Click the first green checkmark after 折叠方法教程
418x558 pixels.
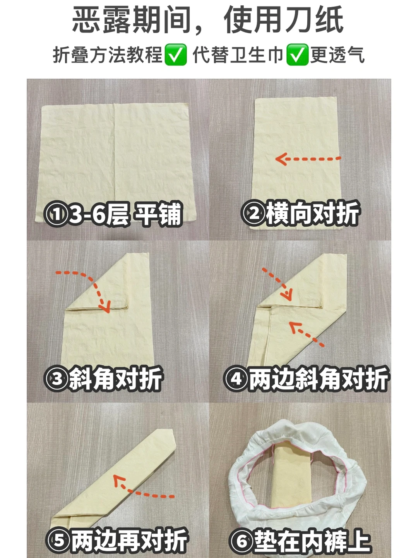click(176, 55)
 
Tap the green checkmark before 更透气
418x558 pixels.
click(297, 55)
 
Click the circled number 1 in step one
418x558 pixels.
click(57, 214)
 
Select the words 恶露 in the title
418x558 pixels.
click(102, 20)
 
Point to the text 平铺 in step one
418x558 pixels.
click(158, 214)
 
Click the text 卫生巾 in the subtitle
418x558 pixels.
click(256, 55)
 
